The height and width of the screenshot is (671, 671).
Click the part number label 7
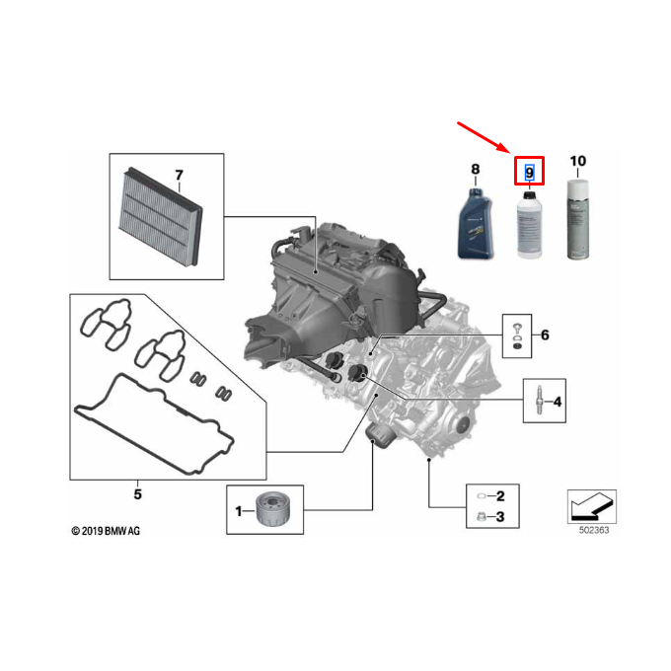coord(179,176)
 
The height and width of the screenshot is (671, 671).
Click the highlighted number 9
coord(530,174)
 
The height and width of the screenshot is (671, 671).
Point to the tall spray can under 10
coord(578,221)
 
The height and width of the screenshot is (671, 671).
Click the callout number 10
coord(578,160)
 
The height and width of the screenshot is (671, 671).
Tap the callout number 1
coord(238,510)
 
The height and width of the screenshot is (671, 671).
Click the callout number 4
coord(558,402)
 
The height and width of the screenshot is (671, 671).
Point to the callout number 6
coord(544,335)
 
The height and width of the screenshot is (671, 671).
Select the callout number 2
coord(500,495)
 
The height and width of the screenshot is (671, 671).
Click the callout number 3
coord(500,516)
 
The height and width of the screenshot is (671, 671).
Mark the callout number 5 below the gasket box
coord(137,492)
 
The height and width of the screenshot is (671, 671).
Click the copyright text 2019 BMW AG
coord(106,531)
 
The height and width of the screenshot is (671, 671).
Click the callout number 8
coord(475,170)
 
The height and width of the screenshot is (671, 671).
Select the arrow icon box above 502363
coord(592,506)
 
